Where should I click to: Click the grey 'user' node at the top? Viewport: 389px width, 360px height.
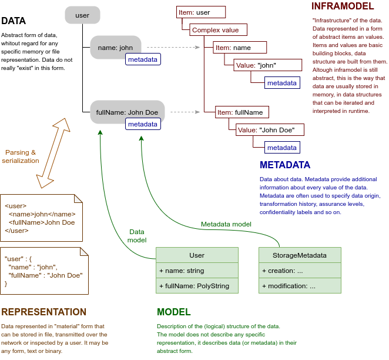82,15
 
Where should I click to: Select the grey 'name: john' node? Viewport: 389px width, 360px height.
115,47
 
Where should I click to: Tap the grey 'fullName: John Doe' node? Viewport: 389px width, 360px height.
127,111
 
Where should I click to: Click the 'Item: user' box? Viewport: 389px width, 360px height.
201,12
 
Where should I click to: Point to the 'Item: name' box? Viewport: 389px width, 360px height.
241,48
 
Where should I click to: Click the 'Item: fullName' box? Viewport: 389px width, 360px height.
243,112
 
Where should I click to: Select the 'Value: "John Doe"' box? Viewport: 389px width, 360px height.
270,129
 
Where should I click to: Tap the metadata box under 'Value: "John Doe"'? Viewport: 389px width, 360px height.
281,147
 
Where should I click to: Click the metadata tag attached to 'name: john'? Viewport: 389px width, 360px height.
143,59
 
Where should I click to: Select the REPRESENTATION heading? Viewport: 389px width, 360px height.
43,312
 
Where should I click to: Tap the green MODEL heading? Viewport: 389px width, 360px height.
173,312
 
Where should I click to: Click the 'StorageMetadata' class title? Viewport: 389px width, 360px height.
300,255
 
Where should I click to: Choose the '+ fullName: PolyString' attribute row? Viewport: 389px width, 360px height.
197,286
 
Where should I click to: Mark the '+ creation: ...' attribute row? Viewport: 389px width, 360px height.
300,271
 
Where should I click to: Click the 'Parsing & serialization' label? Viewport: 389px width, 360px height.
21,156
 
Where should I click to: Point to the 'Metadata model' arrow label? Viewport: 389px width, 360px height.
226,224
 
